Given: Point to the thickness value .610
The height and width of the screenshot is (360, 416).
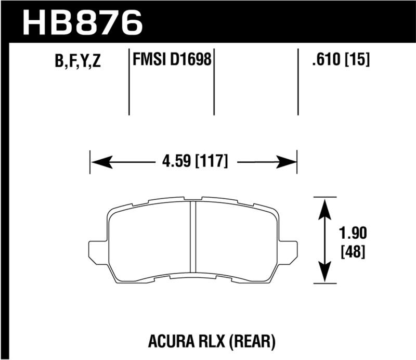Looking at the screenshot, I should (322, 61).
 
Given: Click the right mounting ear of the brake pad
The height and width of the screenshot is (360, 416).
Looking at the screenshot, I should (287, 251).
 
